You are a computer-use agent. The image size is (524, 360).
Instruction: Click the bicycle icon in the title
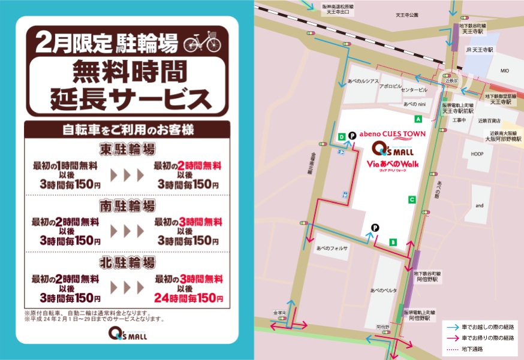(202, 43)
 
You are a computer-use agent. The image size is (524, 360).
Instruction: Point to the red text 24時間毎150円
(187, 298)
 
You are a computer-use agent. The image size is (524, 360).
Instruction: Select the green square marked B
(393, 242)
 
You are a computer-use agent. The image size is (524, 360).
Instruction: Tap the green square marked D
(341, 137)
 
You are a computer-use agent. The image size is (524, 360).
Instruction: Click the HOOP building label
(477, 154)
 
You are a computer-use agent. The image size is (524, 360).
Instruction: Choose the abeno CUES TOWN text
(392, 134)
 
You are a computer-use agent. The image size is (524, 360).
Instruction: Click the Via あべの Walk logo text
(392, 164)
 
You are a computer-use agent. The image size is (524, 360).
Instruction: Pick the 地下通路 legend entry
(472, 349)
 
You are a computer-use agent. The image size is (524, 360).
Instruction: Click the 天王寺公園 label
(407, 14)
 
